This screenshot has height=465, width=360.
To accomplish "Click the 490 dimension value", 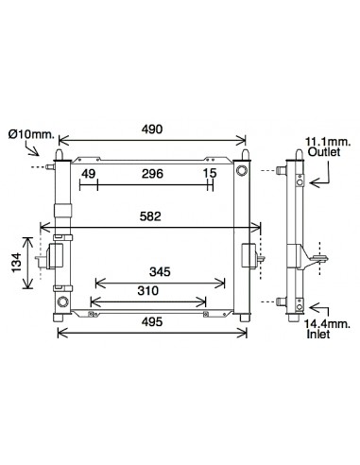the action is click(x=152, y=129).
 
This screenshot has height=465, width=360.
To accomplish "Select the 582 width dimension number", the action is click(x=150, y=216).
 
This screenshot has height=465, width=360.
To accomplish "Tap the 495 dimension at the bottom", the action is click(x=152, y=321).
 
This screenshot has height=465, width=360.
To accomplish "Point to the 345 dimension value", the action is click(x=160, y=271).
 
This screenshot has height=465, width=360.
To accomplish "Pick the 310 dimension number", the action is click(x=148, y=290).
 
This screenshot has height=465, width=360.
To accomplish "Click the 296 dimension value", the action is click(x=152, y=174).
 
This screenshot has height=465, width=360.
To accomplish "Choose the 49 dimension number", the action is click(x=89, y=174).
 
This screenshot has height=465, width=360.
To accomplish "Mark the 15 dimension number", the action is click(x=210, y=173).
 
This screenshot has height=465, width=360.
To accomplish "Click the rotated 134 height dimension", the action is click(x=16, y=262).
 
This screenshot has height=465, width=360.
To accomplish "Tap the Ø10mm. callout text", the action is click(x=31, y=134).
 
